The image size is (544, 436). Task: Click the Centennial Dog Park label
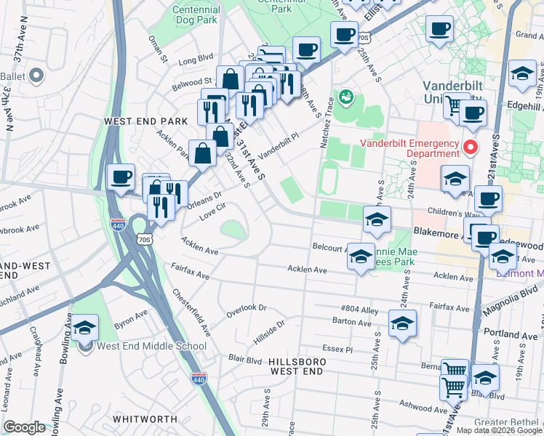196,15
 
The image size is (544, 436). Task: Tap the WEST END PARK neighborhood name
141,121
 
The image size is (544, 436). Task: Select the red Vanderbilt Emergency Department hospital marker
470,148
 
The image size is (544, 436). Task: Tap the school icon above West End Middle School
85,329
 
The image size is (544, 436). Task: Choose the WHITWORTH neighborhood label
145,419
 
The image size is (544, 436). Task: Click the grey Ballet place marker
35,75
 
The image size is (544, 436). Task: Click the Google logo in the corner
24,427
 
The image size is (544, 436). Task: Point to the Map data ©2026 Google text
498,430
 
